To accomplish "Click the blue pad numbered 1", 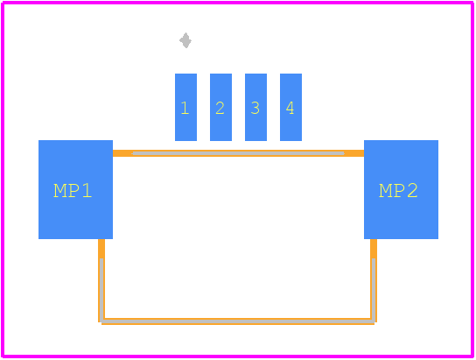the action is point(185,107).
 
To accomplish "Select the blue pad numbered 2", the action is point(220,107).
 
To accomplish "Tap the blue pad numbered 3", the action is point(255,107).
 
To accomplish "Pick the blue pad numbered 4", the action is point(290,107).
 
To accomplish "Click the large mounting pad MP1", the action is point(75,189).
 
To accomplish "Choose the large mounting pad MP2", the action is point(401,189).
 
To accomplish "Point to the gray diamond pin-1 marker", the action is point(185,40).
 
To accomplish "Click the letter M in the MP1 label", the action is point(59,191).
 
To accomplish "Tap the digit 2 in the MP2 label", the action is point(412,191).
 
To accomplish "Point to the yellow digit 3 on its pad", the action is point(255,108).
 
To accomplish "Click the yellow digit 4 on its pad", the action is point(290,108).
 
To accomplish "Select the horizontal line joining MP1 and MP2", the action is point(238,153).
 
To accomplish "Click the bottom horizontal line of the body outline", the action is point(238,321).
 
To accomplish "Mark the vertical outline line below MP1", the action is point(101,280).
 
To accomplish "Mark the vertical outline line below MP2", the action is point(374,280).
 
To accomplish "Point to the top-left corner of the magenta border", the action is point(3,3).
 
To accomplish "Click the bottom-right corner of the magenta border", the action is point(472,356).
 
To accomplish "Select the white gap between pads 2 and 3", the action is point(238,107).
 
